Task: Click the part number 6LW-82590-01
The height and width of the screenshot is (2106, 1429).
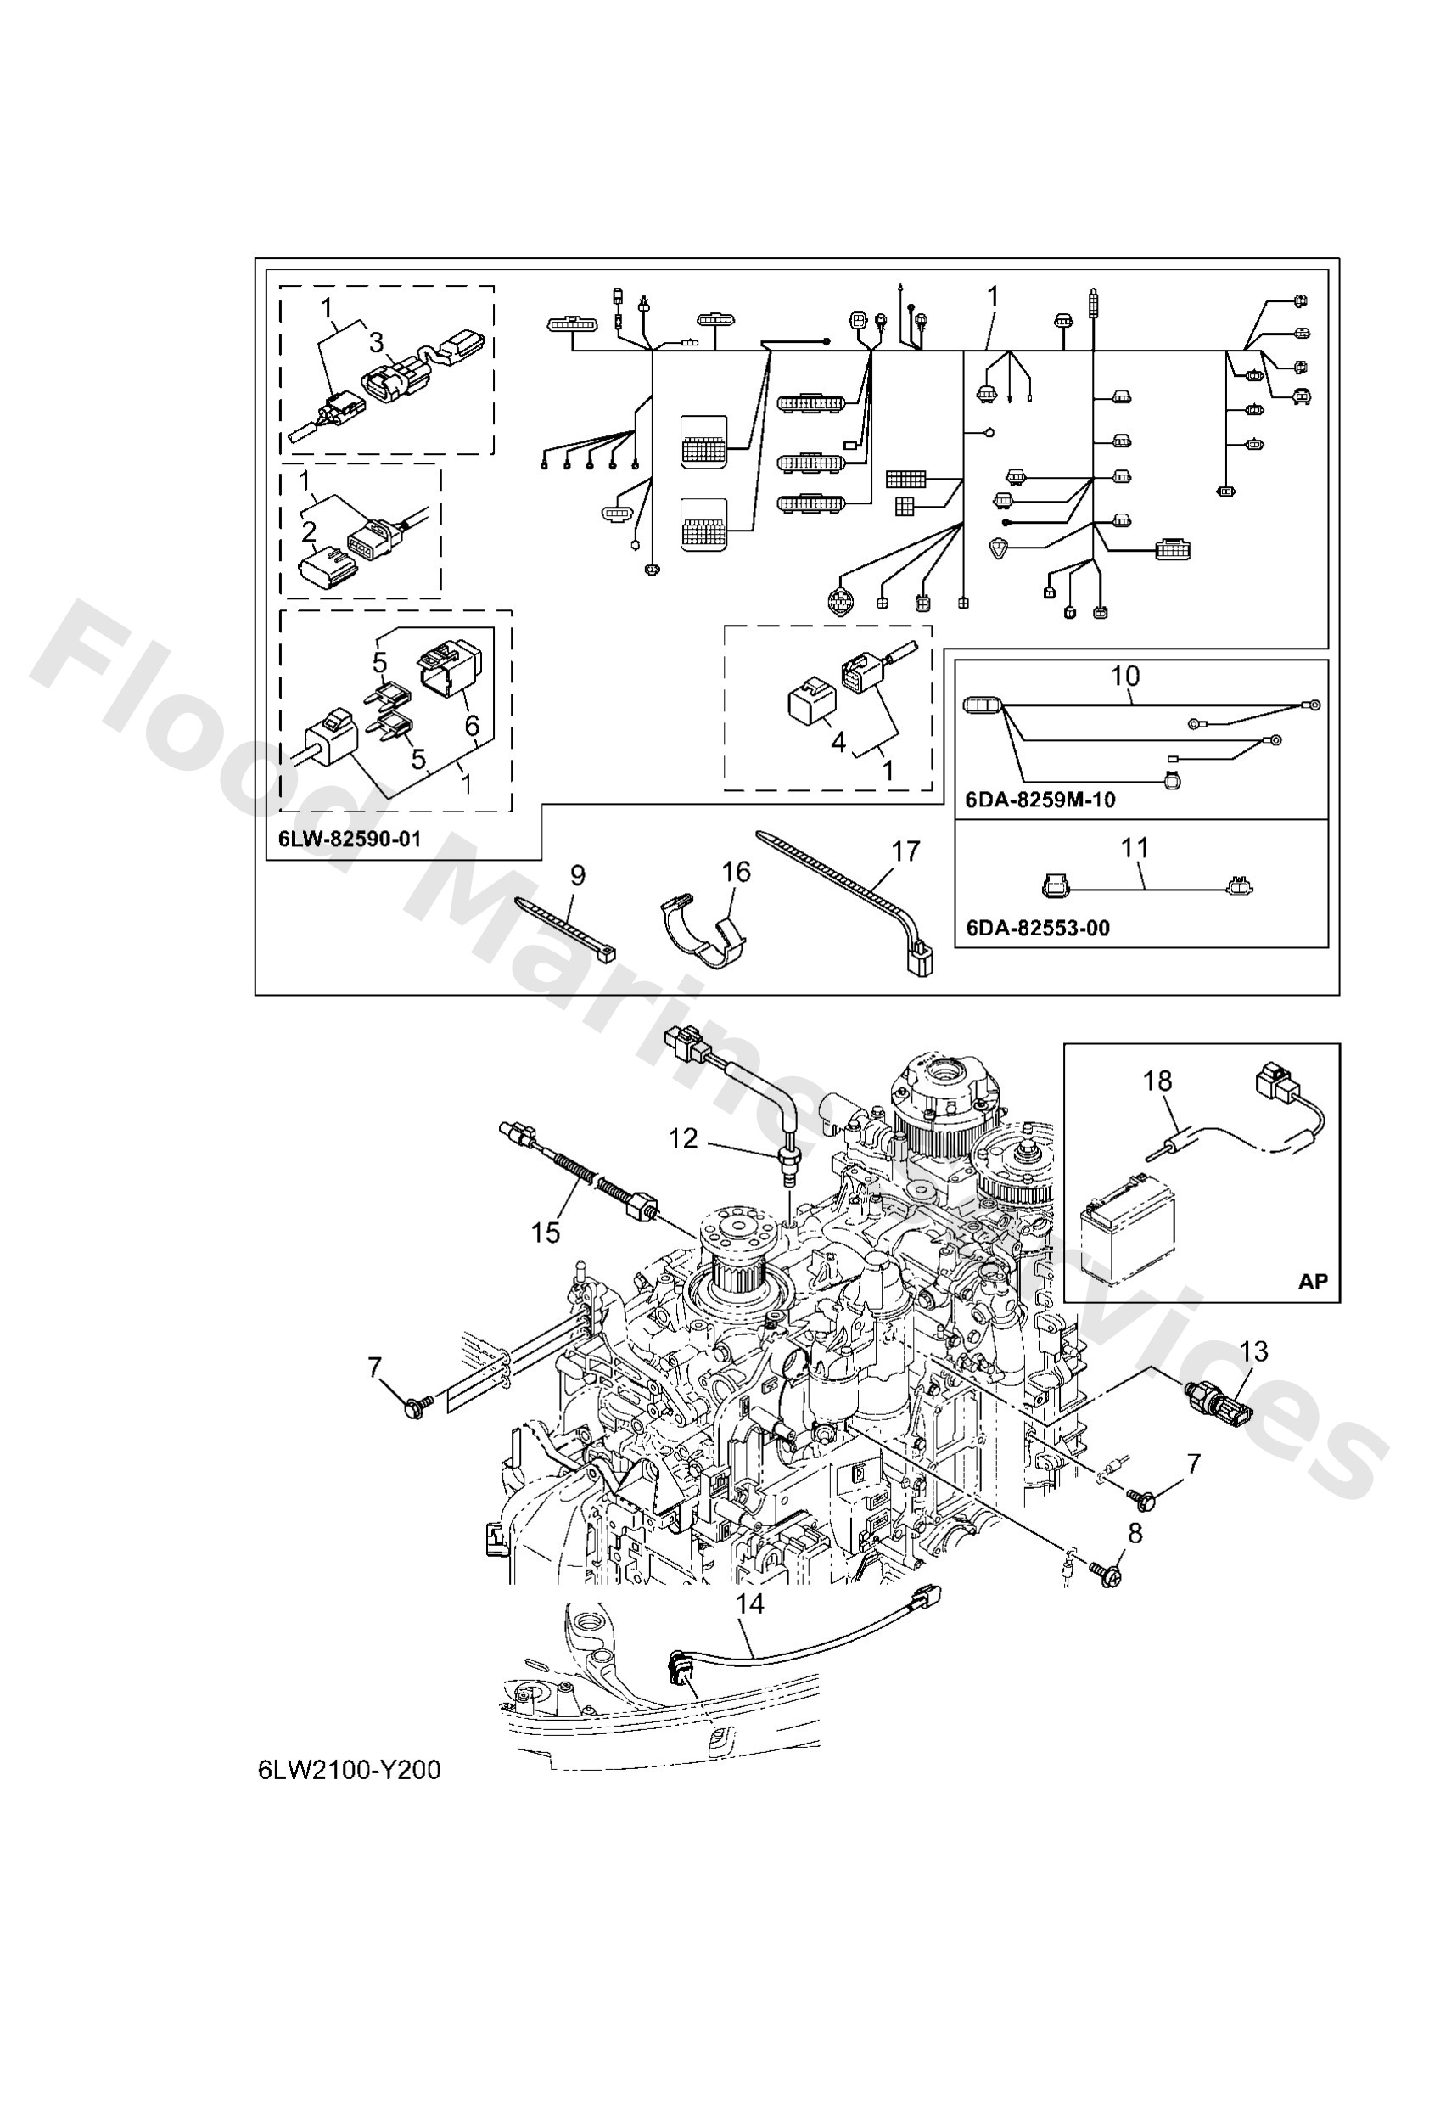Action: pos(349,838)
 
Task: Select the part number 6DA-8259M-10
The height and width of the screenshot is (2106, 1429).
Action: pos(1040,800)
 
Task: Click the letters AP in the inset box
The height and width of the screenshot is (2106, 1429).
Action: pos(1312,1282)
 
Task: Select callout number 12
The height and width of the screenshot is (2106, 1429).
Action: pos(683,1138)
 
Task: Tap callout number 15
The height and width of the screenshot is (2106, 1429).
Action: pos(546,1233)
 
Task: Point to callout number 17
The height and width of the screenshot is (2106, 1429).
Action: pos(905,850)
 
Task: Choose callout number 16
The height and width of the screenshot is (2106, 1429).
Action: pos(736,872)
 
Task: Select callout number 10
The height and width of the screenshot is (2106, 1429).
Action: pos(1124,676)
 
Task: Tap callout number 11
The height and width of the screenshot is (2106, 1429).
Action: pos(1135,847)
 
